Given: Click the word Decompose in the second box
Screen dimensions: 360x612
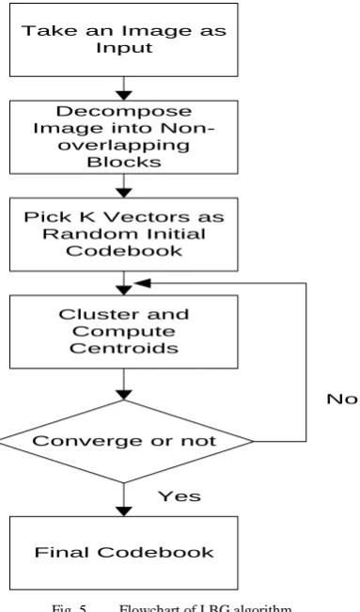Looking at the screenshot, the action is (x=124, y=112).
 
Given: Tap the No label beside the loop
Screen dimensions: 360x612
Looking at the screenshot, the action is (x=341, y=399).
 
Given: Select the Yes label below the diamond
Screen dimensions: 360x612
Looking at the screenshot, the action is (x=180, y=496).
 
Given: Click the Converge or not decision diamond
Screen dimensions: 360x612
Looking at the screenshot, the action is (x=125, y=442).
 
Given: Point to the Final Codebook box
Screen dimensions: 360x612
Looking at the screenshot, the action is (x=124, y=553).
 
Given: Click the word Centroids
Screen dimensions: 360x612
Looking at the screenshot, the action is (x=124, y=348).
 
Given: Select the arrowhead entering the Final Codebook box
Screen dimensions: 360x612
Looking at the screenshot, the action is (x=124, y=511).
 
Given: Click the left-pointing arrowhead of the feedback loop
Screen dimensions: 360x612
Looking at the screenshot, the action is (x=142, y=283).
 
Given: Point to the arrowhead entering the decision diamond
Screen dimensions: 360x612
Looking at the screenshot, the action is (x=124, y=395).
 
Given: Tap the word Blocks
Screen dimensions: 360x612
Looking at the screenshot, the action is (x=124, y=162).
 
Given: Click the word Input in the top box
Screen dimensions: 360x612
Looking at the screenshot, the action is (x=124, y=48).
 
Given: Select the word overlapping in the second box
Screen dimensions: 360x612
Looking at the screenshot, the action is (x=124, y=146).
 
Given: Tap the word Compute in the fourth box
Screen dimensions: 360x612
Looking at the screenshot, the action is (x=124, y=332).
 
